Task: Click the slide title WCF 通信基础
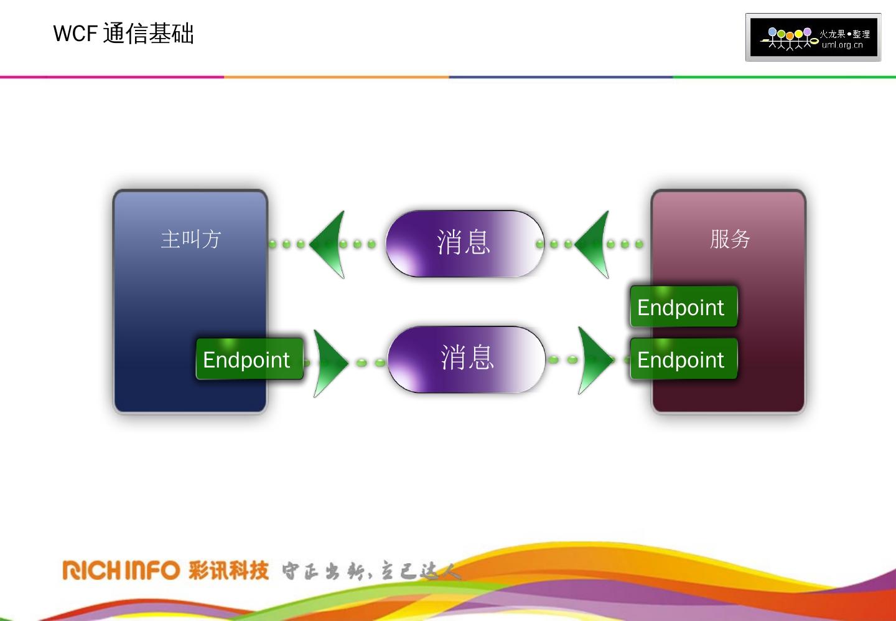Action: pos(123,34)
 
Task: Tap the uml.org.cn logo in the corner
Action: pos(813,37)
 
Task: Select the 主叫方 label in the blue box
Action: pos(190,239)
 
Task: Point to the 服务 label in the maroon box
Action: pos(730,239)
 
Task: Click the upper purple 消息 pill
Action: pos(464,244)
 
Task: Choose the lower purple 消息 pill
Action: pos(466,359)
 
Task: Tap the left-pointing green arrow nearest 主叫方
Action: pos(330,244)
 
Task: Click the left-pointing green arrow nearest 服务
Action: pos(594,244)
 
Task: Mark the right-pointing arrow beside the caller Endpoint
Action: pos(329,362)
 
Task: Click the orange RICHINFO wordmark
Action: pos(121,570)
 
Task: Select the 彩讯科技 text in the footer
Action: pos(228,570)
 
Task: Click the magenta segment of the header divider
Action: pos(112,77)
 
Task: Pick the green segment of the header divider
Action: pos(784,77)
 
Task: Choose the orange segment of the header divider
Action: pos(336,77)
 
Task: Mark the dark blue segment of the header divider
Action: pos(560,77)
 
